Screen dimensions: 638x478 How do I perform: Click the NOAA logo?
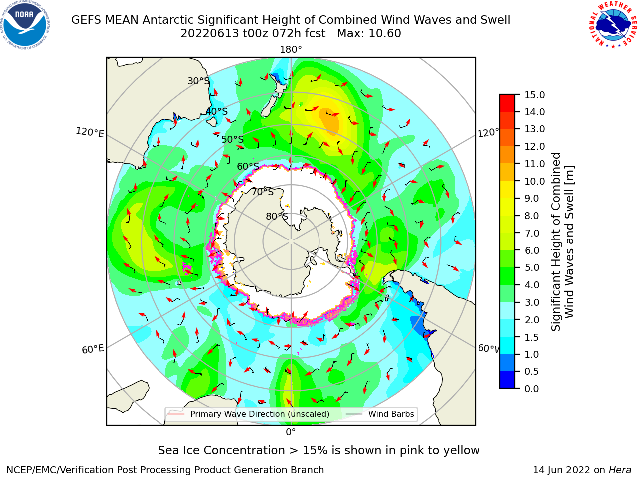25,25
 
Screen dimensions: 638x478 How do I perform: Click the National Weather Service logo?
613,25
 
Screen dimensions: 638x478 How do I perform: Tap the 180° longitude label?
291,50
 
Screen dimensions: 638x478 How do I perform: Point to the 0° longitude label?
291,432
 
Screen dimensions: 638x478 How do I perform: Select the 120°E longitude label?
90,132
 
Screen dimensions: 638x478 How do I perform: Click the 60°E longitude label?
93,349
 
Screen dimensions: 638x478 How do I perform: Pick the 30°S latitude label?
198,81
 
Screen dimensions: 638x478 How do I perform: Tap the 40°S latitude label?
217,111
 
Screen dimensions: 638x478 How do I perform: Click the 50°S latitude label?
233,139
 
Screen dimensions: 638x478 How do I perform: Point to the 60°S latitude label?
248,166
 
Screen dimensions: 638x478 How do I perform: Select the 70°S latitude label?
263,192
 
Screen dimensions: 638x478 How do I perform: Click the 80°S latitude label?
277,216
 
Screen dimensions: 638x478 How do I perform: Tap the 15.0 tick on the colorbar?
534,95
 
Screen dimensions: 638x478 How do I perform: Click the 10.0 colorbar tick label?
534,181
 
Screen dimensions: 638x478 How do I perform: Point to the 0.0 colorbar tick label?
532,389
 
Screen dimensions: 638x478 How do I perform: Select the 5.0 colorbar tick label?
532,268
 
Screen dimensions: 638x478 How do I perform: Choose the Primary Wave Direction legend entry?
249,414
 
